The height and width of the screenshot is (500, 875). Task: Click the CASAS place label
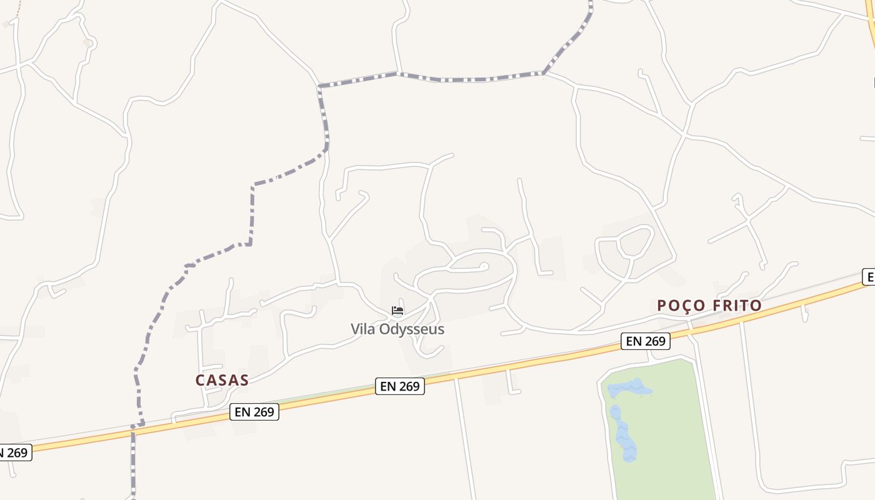(222, 380)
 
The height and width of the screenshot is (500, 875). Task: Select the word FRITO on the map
(737, 306)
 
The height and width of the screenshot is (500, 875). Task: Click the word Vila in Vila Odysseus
(362, 329)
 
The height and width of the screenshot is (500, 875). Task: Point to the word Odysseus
(411, 329)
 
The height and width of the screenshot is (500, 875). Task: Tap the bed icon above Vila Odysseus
(397, 310)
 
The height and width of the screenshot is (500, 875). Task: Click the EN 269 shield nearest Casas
(254, 412)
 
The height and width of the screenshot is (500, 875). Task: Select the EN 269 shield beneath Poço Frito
(646, 341)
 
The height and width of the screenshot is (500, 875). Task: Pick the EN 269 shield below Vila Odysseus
(400, 386)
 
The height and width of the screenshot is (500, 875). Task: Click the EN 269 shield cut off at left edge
(14, 452)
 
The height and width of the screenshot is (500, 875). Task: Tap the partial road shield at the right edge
(868, 277)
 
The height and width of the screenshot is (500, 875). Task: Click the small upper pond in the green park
(630, 389)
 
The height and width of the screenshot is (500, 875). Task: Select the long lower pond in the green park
(624, 434)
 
